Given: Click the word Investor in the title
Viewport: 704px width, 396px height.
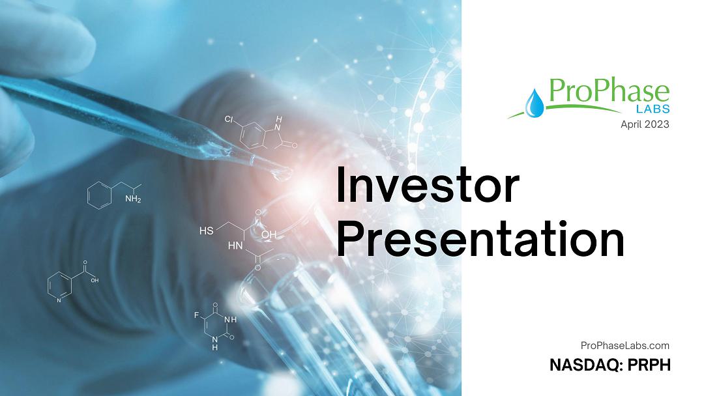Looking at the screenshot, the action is (428, 185).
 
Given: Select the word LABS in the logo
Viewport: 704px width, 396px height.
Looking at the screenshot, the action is (653, 109).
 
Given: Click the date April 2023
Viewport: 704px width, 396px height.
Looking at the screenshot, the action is (645, 124).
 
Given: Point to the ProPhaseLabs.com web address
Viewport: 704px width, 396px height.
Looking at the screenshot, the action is (624, 346).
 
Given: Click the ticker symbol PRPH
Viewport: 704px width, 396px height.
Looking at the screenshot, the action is (649, 365).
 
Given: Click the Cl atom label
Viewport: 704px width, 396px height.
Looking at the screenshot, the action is (229, 119).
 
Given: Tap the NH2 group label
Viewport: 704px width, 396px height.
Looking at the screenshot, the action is (133, 199).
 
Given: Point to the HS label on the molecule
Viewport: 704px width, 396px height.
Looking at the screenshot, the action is (206, 231).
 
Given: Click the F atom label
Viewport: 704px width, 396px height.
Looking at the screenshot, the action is (196, 315).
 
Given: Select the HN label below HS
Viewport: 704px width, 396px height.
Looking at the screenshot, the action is (235, 246).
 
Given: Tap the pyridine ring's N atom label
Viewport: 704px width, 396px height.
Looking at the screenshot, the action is (59, 300).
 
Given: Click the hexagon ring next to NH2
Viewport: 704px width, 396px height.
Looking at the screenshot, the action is (99, 195).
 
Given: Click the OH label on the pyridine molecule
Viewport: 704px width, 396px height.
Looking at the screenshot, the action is (95, 281).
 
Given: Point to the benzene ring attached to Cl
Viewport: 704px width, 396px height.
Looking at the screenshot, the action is (252, 135).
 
